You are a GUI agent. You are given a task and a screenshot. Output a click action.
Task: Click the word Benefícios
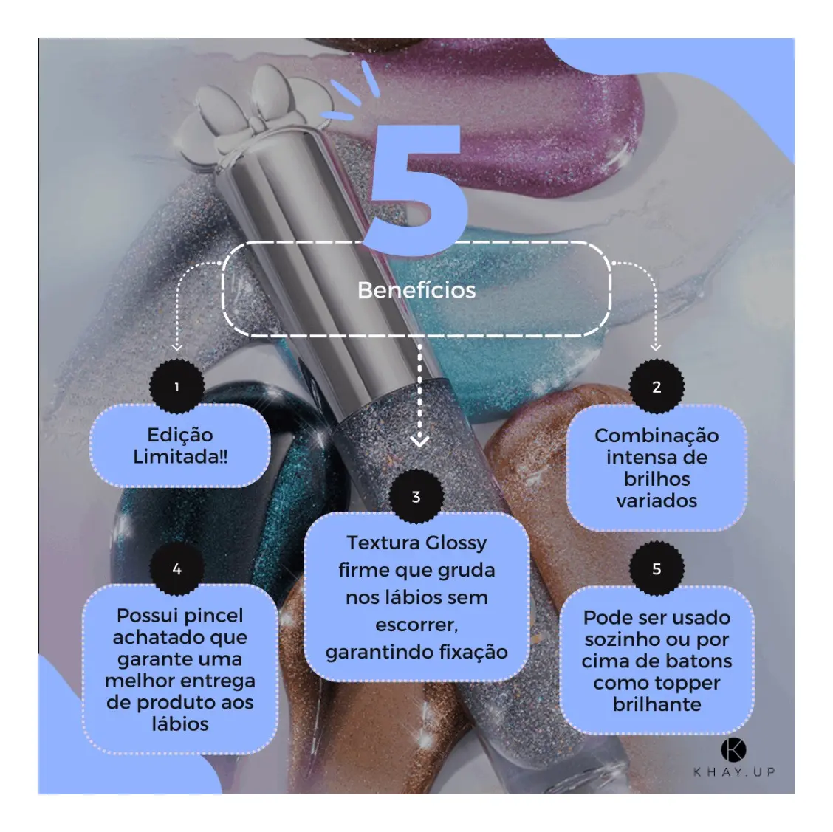(417, 290)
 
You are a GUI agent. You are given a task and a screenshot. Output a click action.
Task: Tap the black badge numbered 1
(177, 387)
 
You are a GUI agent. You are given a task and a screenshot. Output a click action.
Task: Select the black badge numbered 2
(657, 387)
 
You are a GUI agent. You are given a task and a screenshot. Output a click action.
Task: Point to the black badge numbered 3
(417, 496)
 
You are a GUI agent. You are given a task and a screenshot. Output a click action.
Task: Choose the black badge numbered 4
(177, 569)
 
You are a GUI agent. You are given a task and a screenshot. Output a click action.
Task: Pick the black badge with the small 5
(657, 568)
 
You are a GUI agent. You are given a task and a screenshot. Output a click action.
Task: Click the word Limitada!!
(180, 457)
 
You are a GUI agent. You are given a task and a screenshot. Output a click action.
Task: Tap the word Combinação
(657, 436)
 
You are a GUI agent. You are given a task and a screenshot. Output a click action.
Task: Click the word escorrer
(417, 625)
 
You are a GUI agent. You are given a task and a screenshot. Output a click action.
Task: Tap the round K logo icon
(733, 750)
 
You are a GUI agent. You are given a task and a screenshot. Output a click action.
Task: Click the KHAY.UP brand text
(734, 772)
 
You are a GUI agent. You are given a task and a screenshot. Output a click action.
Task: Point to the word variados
(657, 501)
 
